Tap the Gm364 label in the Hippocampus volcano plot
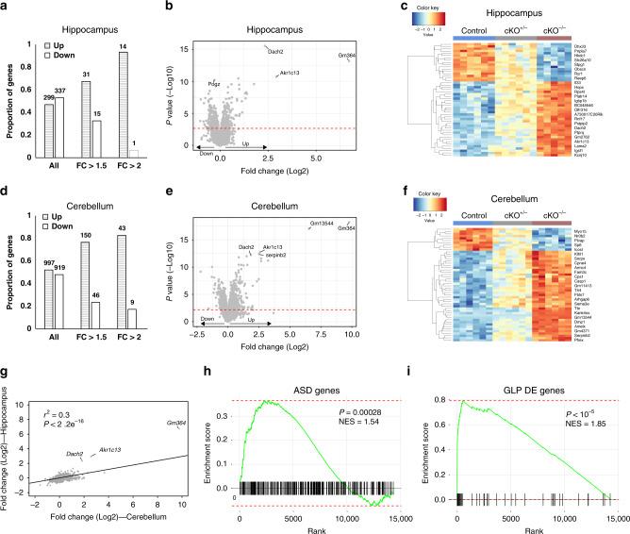click(357, 56)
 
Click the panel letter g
click(8, 351)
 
